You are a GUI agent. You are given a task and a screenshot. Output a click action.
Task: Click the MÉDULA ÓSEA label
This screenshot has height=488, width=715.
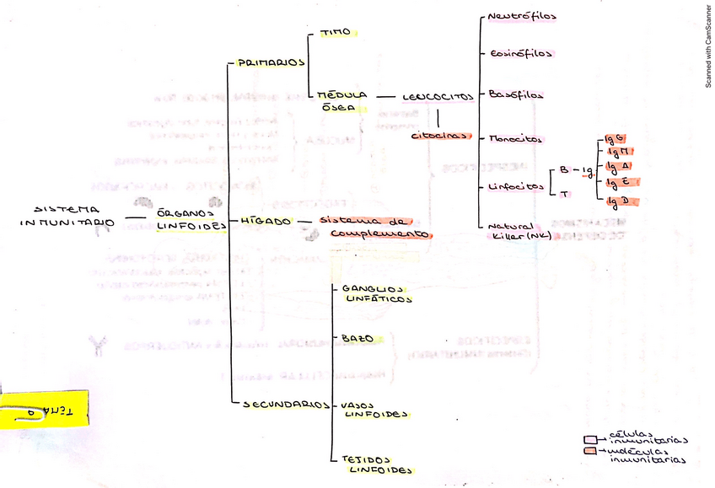[342, 100]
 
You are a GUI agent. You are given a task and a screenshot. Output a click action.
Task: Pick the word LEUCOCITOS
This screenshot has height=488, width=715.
[438, 97]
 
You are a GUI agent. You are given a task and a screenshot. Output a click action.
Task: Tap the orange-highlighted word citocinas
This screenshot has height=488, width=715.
[439, 135]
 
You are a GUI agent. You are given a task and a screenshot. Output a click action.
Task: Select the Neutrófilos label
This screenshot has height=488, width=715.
[522, 16]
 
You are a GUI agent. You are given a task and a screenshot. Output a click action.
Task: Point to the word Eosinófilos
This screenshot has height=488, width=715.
[521, 53]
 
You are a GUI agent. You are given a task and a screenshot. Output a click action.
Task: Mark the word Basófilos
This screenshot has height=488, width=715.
[516, 94]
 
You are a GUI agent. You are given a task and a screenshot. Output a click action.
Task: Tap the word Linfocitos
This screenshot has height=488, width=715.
[516, 186]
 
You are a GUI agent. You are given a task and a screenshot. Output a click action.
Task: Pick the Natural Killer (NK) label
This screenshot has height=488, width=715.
[521, 231]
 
